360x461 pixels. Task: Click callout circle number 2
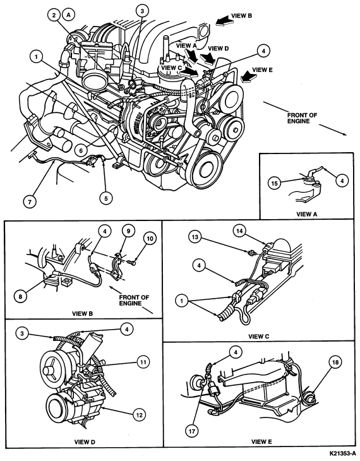[54, 15]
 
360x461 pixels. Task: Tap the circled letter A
[69, 15]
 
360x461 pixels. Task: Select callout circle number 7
[30, 201]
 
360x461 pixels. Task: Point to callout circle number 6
[81, 150]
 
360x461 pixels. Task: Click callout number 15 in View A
[274, 184]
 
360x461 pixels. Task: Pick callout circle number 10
[150, 239]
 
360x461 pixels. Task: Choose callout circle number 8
[20, 296]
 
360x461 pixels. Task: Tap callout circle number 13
[195, 237]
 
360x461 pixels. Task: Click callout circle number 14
[239, 231]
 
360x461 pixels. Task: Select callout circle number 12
[139, 415]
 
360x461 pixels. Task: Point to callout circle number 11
[143, 362]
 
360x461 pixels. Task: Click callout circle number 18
[335, 362]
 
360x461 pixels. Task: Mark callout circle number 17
[192, 431]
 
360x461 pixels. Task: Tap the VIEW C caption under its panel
[258, 337]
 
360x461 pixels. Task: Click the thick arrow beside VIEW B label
[223, 21]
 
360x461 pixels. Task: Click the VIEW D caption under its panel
[85, 441]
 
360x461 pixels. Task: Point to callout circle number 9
[129, 231]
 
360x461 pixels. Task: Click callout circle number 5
[106, 198]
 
